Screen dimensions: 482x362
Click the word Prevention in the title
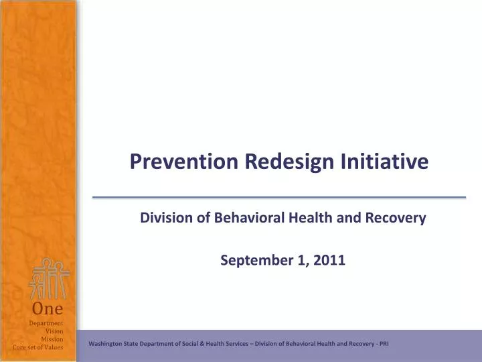pyautogui.click(x=184, y=161)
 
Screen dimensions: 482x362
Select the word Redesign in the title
pyautogui.click(x=289, y=162)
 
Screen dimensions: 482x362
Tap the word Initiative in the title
pyautogui.click(x=384, y=161)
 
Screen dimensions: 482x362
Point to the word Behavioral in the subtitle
pyautogui.click(x=249, y=217)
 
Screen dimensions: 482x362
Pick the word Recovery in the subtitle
pyautogui.click(x=396, y=218)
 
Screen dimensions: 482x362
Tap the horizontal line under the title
pyautogui.click(x=279, y=197)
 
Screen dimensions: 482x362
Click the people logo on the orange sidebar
pyautogui.click(x=49, y=279)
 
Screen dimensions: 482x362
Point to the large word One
pyautogui.click(x=48, y=308)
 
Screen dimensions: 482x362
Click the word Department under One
pyautogui.click(x=46, y=323)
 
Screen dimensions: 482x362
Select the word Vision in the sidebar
pyautogui.click(x=54, y=331)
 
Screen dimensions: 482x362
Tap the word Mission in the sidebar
pyautogui.click(x=52, y=339)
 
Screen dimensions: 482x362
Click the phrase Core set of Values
pyautogui.click(x=37, y=347)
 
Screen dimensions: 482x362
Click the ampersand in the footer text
pyautogui.click(x=202, y=344)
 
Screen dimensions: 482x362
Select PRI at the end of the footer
pyautogui.click(x=384, y=344)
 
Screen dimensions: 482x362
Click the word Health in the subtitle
pyautogui.click(x=311, y=217)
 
